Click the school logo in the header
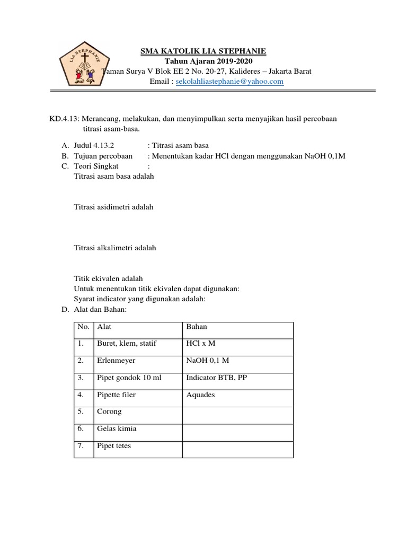(84, 61)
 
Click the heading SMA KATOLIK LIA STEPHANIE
(203, 51)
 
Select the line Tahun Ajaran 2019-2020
(203, 61)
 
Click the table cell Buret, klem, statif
(127, 344)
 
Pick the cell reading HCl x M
(201, 344)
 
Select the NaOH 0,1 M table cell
(208, 361)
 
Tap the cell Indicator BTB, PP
(217, 378)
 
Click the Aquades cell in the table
(201, 395)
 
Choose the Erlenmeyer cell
(116, 361)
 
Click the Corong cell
(109, 411)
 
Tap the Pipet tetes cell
(114, 446)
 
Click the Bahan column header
(197, 327)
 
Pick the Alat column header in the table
(104, 327)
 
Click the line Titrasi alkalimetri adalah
(114, 248)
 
